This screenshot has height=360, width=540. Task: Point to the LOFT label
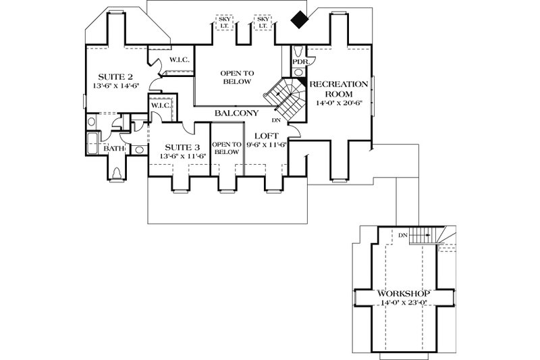pos(264,135)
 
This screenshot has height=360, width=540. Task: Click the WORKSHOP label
pos(405,294)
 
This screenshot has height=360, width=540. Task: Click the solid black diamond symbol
pos(298,20)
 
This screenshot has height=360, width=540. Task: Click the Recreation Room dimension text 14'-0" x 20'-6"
pos(338,103)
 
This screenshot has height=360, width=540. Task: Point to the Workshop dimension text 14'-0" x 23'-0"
pos(405,304)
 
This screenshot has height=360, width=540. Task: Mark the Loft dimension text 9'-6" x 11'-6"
pos(264,145)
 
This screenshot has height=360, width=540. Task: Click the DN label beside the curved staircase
pos(277,121)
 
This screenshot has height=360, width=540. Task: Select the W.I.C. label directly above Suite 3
pos(159,106)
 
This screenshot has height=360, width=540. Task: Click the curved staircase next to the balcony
pos(286,96)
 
